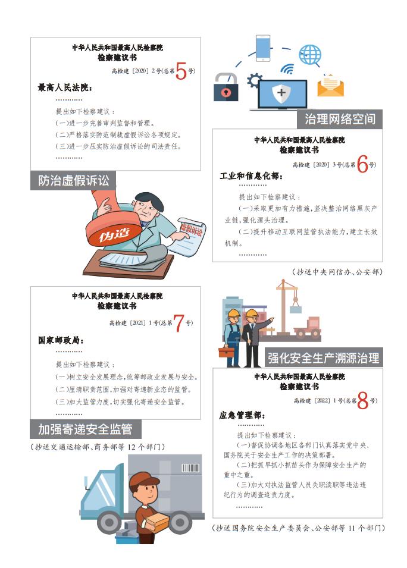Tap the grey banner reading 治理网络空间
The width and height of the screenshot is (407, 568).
[x=340, y=118]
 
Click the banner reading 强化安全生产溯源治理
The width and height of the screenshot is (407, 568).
[x=323, y=357]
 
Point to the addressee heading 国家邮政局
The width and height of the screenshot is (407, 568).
[x=61, y=341]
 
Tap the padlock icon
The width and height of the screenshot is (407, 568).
[x=226, y=87]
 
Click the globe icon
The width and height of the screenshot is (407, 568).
[x=309, y=55]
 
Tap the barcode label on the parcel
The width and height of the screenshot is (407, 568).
[x=190, y=468]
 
